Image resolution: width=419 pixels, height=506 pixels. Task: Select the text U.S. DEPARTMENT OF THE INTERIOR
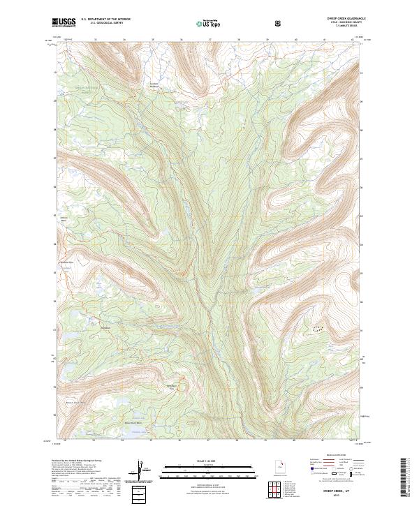(105, 20)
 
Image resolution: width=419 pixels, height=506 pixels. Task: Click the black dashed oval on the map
(318, 327)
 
